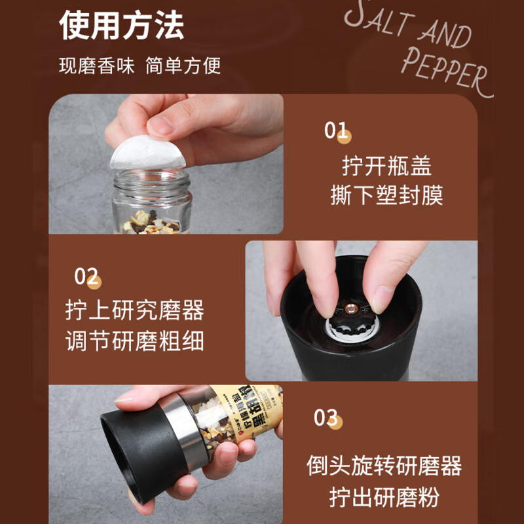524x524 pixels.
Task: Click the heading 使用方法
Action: coord(122,25)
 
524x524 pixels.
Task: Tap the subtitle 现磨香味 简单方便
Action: coord(140,66)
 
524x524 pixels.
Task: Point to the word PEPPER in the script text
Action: coord(445,71)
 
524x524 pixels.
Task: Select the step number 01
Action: coord(337,131)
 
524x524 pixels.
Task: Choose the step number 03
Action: coord(326,417)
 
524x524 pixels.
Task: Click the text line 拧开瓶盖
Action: coord(386,166)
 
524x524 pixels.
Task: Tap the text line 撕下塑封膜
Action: coord(386,195)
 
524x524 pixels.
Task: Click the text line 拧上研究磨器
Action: coord(135,310)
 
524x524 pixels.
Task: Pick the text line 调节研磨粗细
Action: coord(135,341)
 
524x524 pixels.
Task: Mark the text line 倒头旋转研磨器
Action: coord(384,466)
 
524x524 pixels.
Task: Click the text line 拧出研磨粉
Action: coord(384,496)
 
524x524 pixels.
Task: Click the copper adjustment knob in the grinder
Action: coord(348,307)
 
